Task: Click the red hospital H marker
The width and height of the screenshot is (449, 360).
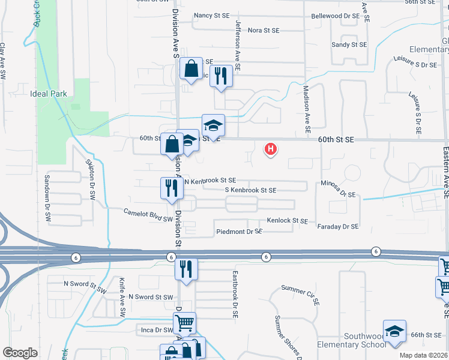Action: pyautogui.click(x=271, y=148)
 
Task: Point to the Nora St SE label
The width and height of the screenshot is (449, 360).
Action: pyautogui.click(x=264, y=30)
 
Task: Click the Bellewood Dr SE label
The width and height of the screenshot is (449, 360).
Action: pyautogui.click(x=334, y=16)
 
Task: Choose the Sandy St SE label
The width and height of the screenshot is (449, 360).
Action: pyautogui.click(x=349, y=44)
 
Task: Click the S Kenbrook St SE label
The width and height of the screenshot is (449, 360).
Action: pyautogui.click(x=250, y=190)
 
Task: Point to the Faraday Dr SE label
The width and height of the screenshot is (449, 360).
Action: pyautogui.click(x=337, y=226)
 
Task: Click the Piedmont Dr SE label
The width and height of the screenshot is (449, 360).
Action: pyautogui.click(x=239, y=231)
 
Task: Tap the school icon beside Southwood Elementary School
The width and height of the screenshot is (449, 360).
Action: pyautogui.click(x=394, y=332)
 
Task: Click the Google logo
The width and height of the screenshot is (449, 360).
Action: pyautogui.click(x=19, y=353)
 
